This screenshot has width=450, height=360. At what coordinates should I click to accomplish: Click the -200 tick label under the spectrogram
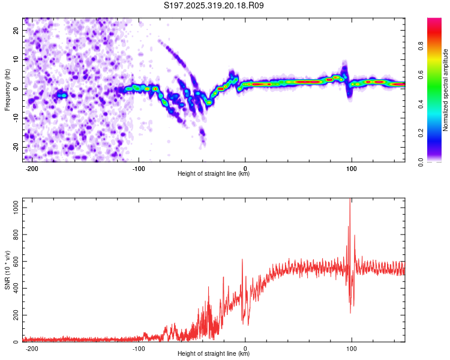(x=32, y=169)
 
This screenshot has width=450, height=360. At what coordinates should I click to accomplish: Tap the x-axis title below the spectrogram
(x=214, y=175)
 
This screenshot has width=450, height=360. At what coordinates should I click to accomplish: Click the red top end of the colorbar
(x=434, y=20)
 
